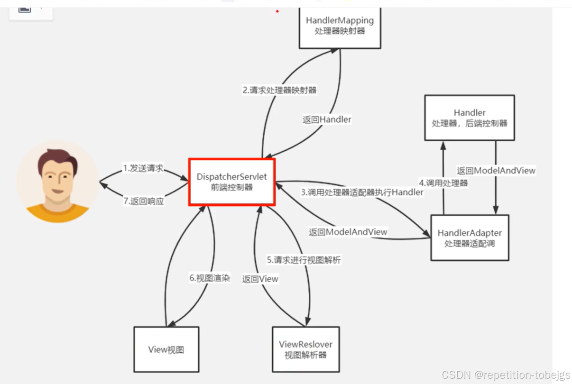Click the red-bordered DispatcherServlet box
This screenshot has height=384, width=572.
point(232,182)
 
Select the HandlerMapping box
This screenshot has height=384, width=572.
point(340,26)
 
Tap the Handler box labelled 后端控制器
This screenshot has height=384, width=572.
point(469,118)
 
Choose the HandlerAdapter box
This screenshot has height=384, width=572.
point(470,238)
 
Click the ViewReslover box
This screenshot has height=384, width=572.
point(305,349)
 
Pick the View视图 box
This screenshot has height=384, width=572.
point(166,349)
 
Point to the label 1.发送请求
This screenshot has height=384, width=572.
point(143,168)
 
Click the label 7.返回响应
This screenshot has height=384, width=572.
point(143,201)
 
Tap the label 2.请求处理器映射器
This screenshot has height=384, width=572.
point(279,90)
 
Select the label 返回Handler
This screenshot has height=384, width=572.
point(327,119)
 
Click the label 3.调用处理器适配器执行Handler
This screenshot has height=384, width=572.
point(362,192)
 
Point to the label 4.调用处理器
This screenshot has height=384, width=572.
point(443,183)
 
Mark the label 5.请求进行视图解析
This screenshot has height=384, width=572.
point(304,260)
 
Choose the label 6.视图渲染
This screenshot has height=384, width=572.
point(210,278)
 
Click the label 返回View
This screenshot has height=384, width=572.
point(260,279)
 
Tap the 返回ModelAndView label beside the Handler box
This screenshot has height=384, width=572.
point(496,170)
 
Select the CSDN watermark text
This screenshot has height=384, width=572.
point(506,375)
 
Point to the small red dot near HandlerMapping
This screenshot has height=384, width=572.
point(277,11)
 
